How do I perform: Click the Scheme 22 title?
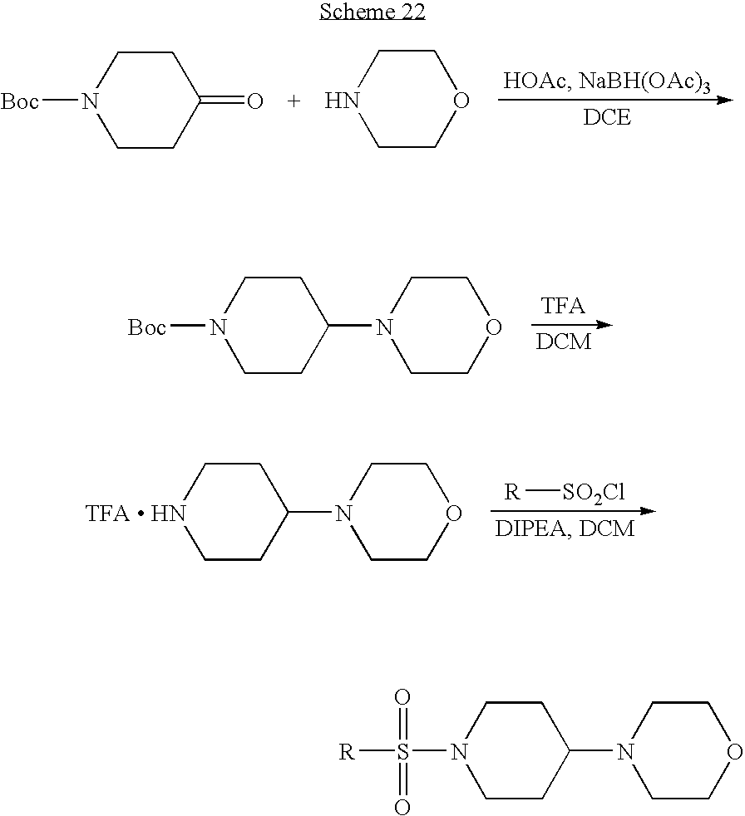tap(372, 12)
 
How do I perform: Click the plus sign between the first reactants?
tap(294, 101)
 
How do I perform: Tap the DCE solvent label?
tap(607, 117)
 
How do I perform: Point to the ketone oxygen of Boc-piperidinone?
tap(254, 101)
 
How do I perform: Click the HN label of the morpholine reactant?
tap(342, 101)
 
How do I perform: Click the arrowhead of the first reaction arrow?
tap(725, 100)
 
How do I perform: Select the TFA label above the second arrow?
tap(563, 306)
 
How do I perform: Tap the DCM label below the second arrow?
tap(564, 342)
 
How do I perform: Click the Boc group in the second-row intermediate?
tap(147, 327)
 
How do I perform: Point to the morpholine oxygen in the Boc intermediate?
tap(493, 327)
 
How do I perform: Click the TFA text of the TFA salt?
tap(107, 514)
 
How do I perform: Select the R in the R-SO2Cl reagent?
tap(512, 492)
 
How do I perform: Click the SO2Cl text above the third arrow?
tap(594, 493)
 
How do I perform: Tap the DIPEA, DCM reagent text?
tap(565, 528)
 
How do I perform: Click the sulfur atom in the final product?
tap(402, 751)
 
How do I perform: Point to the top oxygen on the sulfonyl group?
tap(402, 697)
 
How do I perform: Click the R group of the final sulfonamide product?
tap(347, 751)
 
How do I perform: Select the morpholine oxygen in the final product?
tap(734, 751)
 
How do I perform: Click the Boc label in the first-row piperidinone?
tap(19, 101)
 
